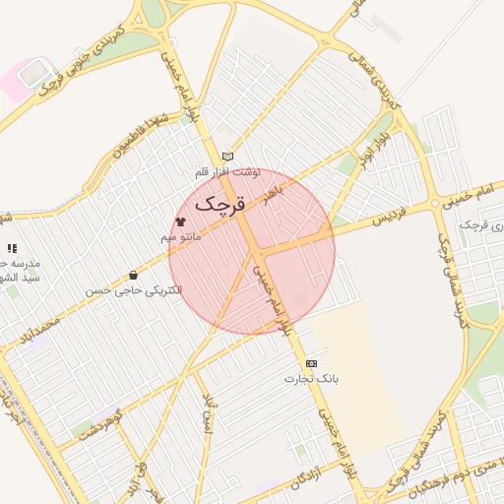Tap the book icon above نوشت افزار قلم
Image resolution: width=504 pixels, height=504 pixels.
pyautogui.click(x=228, y=157)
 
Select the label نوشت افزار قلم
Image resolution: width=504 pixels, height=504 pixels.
pyautogui.click(x=227, y=172)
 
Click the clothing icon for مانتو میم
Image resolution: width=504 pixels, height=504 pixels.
pyautogui.click(x=180, y=221)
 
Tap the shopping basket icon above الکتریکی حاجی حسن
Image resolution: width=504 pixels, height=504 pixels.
pyautogui.click(x=133, y=276)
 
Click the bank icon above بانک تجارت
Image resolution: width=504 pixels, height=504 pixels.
pyautogui.click(x=312, y=363)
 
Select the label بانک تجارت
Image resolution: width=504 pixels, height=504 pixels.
pyautogui.click(x=312, y=378)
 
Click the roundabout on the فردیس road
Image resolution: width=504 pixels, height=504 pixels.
pyautogui.click(x=436, y=205)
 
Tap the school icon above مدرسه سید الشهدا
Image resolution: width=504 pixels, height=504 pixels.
pyautogui.click(x=12, y=249)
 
